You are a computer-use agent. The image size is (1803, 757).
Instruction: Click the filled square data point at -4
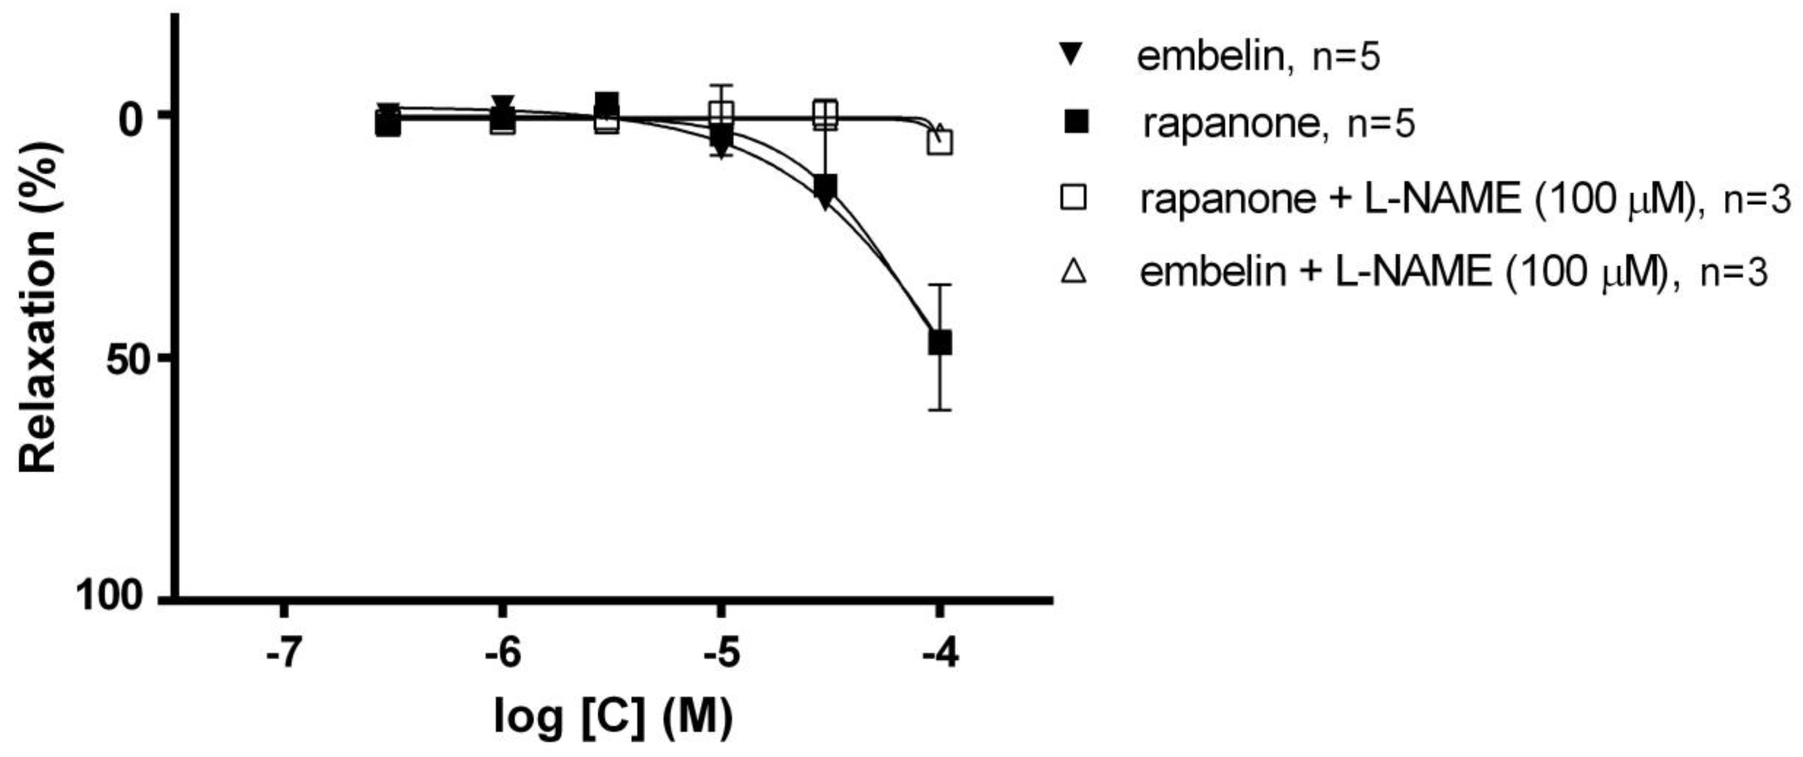[939, 343]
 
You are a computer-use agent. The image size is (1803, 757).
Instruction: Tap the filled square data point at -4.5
[826, 186]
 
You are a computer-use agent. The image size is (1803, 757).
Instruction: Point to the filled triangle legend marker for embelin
[1073, 54]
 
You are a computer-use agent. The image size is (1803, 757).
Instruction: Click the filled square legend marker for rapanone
[1073, 125]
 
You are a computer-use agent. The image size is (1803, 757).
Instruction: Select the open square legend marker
[1073, 199]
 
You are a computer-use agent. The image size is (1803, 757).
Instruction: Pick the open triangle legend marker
[1073, 272]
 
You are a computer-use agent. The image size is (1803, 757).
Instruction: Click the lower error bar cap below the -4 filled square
[939, 410]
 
